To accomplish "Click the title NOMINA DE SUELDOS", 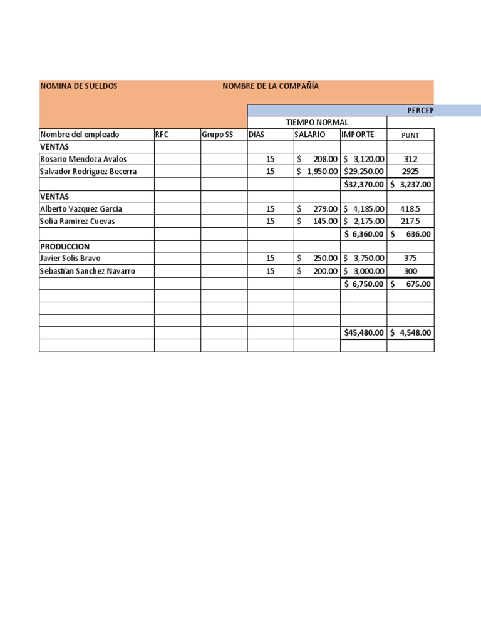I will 78,86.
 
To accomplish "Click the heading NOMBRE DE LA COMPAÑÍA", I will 271,86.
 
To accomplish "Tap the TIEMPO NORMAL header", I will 317,122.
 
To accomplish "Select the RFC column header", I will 162,135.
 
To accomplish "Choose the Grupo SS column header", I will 213,135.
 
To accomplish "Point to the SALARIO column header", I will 310,135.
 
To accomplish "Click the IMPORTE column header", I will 358,135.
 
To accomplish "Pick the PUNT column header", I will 410,135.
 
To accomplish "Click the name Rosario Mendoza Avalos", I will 83,159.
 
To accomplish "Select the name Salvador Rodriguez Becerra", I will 88,172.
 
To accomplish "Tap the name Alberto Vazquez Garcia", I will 81,208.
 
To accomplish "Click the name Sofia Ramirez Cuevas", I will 78,221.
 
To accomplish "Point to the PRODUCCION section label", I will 65,246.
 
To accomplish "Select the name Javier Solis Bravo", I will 70,258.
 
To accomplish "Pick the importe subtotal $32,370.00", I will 363,184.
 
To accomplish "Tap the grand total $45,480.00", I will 363,332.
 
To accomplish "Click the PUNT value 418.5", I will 410,208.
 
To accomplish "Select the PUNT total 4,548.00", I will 411,332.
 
